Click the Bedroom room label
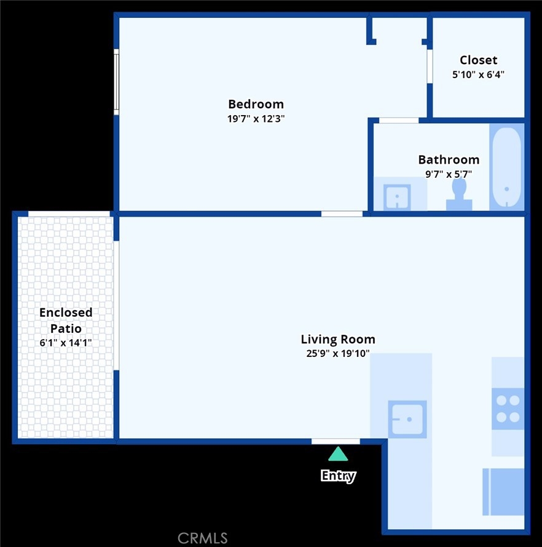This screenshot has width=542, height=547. click(256, 104)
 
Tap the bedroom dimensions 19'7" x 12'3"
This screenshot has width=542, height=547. click(256, 119)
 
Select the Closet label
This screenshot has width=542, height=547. click(478, 60)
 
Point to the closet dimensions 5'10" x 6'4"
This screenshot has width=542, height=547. click(478, 74)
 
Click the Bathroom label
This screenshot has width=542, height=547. click(449, 159)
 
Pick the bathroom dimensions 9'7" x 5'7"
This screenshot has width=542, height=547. click(449, 174)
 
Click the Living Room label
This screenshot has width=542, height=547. click(338, 339)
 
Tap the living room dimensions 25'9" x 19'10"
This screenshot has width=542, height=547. click(338, 353)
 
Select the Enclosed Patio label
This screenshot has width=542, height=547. click(66, 320)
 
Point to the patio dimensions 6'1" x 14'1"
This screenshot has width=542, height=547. click(66, 343)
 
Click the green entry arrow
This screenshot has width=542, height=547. click(338, 454)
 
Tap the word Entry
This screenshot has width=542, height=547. click(338, 476)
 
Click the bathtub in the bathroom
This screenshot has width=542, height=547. click(507, 167)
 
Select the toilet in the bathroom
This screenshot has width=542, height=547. click(459, 194)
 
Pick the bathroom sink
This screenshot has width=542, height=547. click(397, 197)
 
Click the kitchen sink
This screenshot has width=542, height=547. click(407, 419)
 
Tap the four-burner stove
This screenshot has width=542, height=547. click(508, 409)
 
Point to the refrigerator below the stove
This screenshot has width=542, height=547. click(503, 492)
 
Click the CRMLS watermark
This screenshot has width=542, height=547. click(202, 538)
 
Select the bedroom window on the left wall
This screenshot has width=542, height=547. click(116, 82)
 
